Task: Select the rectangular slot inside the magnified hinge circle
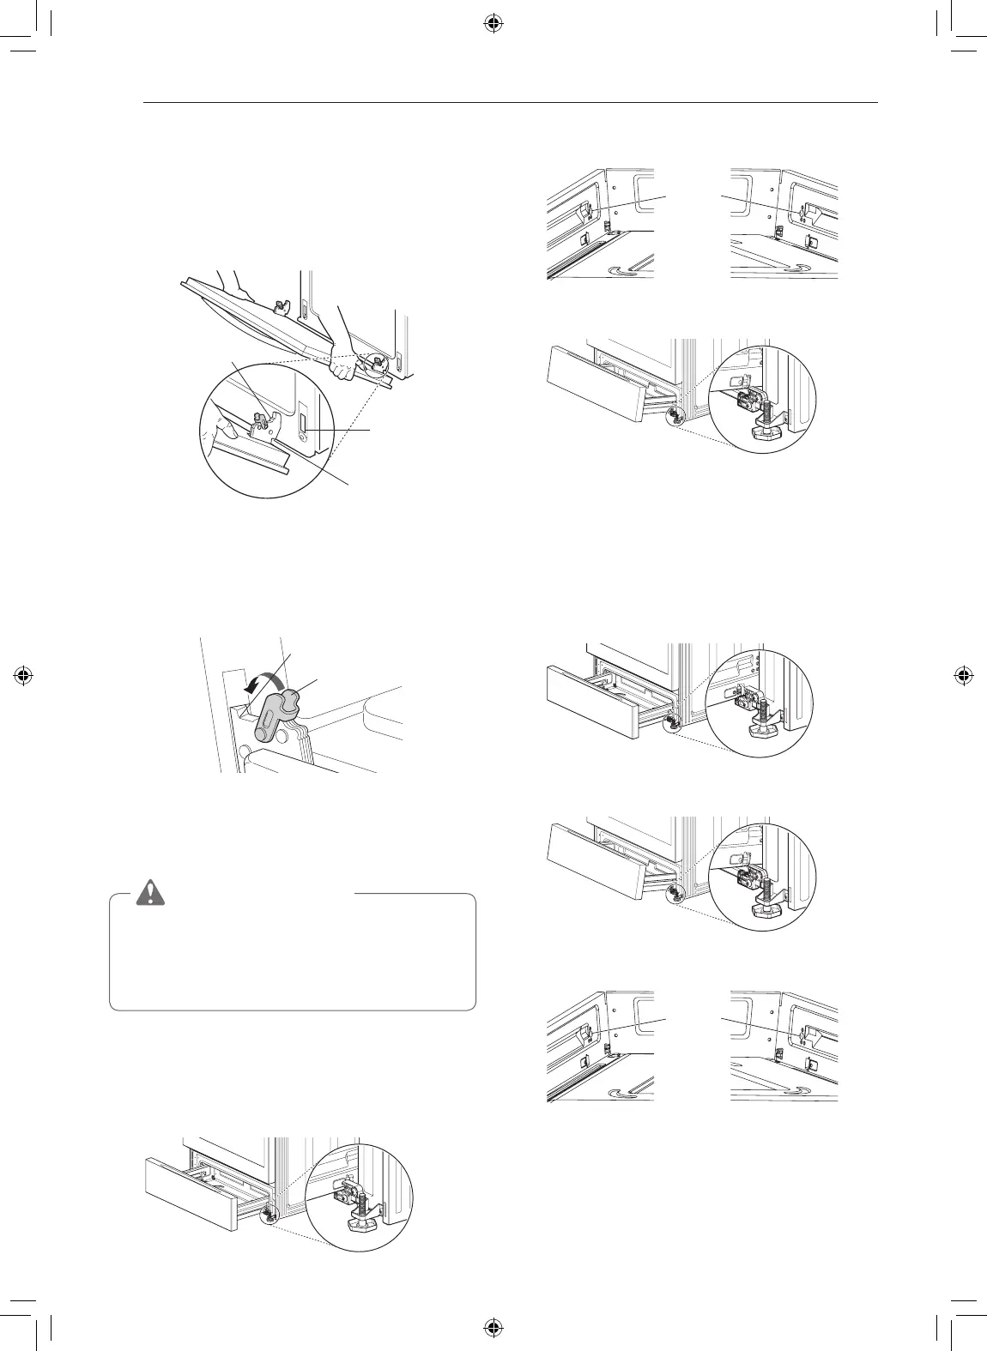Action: [306, 425]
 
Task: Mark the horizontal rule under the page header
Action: [512, 104]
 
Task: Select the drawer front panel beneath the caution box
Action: [191, 1195]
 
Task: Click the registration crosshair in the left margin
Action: [24, 675]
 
